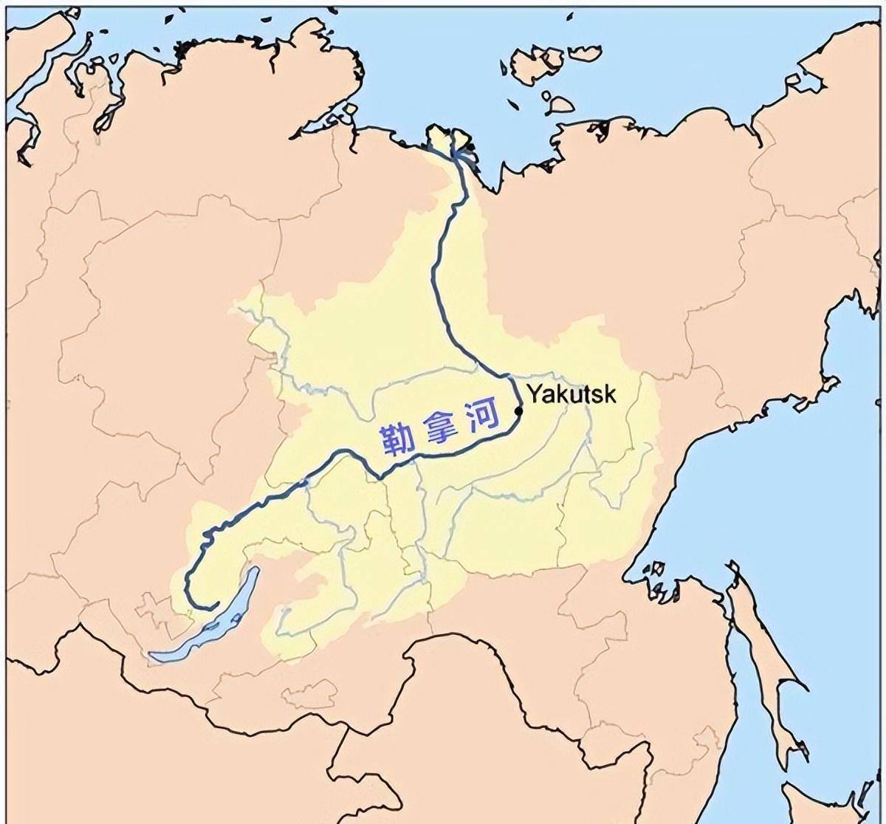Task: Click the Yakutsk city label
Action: [570, 394]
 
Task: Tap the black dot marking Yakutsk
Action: [518, 411]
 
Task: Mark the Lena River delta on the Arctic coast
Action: [450, 143]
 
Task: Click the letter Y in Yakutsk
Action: [533, 394]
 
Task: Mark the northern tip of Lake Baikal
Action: [255, 570]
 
